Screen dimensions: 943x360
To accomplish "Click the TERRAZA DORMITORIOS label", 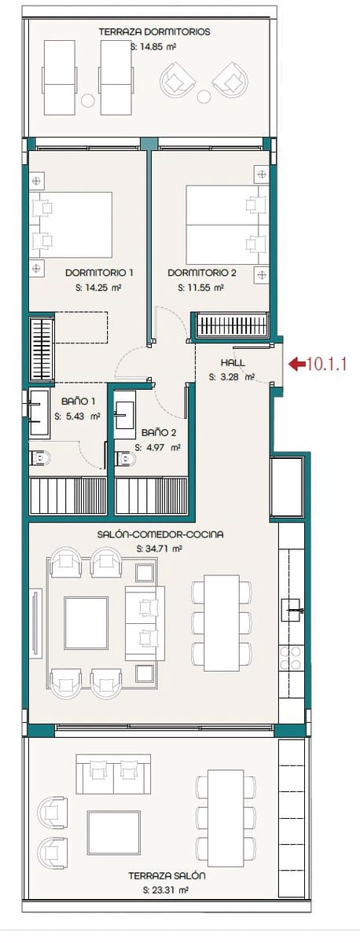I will coord(155,32).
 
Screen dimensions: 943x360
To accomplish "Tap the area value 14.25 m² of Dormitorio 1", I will coord(99,288).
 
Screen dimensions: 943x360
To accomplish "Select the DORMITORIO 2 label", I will coord(202,273).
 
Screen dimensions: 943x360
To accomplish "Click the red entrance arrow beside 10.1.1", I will coord(298,364).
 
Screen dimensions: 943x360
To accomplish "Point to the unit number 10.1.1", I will coord(328,365).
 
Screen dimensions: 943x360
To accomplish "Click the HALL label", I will coord(233,363).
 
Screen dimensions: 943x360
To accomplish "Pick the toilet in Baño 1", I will coord(39,458).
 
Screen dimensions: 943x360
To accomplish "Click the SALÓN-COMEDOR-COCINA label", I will coord(160,534).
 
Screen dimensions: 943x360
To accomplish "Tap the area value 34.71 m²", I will coord(160,549).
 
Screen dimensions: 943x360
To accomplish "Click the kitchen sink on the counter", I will coord(292,607).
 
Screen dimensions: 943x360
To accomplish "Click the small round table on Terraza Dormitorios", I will coord(204,97).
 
